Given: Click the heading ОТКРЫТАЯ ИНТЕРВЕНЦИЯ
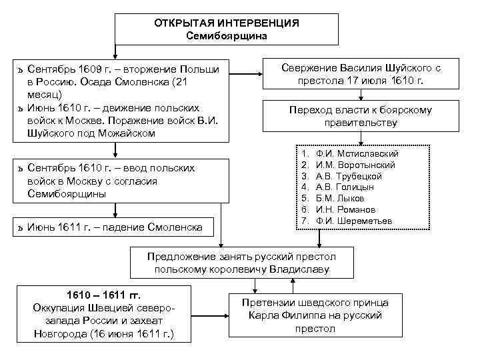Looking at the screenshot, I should click(227, 23).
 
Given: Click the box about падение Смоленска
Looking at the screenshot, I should click(115, 228).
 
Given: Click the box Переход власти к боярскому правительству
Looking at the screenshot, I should click(361, 117).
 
